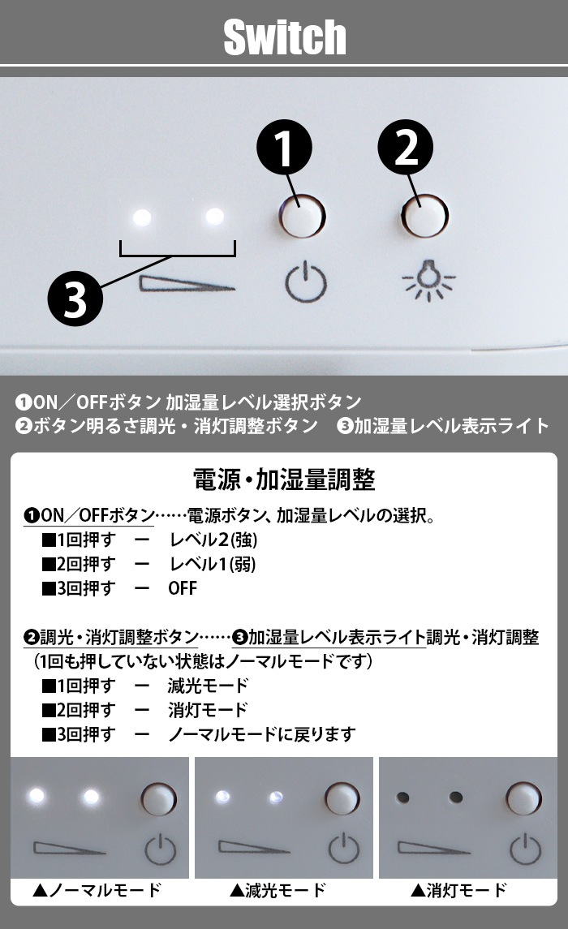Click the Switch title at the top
[285, 37]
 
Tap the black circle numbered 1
[284, 148]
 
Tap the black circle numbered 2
[406, 148]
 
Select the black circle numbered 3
[75, 298]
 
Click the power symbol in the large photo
[306, 282]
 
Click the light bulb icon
[428, 280]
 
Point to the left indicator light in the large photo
[142, 217]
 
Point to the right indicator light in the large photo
[214, 217]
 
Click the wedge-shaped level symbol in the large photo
[187, 284]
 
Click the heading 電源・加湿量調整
[284, 480]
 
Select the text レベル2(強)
[213, 540]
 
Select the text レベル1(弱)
[213, 564]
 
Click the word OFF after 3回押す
[183, 588]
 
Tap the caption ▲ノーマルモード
[97, 890]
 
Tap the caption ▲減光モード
[278, 890]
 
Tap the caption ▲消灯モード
[459, 890]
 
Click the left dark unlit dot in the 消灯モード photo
[402, 797]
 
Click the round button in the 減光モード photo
[342, 798]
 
